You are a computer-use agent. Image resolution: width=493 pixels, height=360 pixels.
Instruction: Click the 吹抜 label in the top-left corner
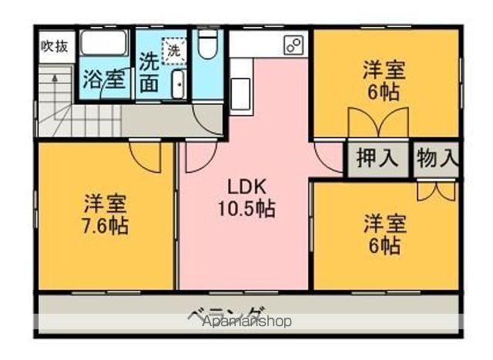click(54, 45)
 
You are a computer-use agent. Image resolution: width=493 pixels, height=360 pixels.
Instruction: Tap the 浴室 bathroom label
click(104, 79)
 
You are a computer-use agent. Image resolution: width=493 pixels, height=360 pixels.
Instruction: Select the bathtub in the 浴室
click(104, 43)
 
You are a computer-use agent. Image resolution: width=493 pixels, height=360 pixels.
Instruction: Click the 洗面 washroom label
click(150, 72)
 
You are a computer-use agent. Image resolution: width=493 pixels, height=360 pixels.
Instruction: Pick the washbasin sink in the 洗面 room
click(177, 82)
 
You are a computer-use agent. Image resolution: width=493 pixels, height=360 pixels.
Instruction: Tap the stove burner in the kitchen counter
click(293, 45)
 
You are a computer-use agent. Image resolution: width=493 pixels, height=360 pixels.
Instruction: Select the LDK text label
click(246, 186)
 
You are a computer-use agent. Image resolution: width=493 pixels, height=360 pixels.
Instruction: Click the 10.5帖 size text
click(246, 207)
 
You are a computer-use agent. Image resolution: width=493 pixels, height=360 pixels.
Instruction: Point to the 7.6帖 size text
click(106, 226)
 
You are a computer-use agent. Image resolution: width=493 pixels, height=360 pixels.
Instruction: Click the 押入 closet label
click(377, 160)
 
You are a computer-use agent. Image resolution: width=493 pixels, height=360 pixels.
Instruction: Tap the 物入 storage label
click(437, 160)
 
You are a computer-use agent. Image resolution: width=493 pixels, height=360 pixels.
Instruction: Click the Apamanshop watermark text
click(246, 321)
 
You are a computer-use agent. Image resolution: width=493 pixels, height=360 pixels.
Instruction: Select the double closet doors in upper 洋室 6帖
click(377, 123)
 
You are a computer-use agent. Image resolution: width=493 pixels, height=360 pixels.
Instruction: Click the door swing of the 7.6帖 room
click(146, 156)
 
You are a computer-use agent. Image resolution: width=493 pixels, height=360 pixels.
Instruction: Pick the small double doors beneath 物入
click(436, 190)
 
